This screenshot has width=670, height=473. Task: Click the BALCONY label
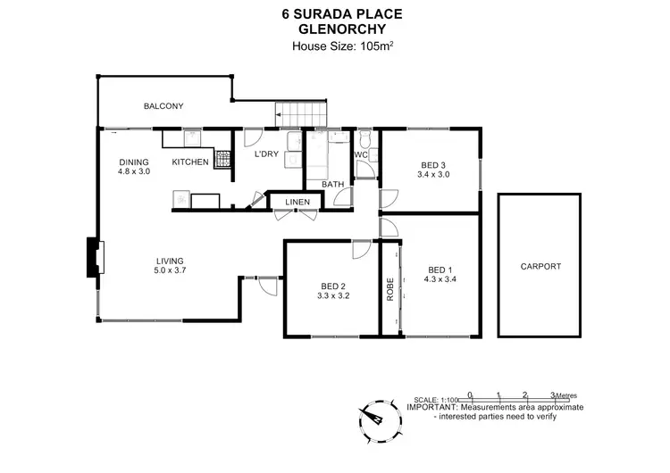[x=163, y=106]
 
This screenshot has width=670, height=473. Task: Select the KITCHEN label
[x=190, y=162]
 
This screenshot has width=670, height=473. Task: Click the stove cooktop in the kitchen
[x=221, y=161]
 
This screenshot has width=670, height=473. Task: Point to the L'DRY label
[x=266, y=155]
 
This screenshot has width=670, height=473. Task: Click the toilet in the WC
[x=364, y=140]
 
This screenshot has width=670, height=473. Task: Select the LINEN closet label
[x=297, y=203]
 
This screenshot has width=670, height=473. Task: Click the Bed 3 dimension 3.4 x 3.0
[x=432, y=175]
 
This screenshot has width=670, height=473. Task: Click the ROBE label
[x=389, y=290]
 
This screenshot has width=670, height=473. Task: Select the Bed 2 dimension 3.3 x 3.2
[x=333, y=297]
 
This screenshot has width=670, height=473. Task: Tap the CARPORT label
[x=540, y=266]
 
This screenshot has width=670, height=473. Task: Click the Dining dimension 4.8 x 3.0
[x=134, y=171]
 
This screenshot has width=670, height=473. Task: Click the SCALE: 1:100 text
[x=436, y=399]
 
